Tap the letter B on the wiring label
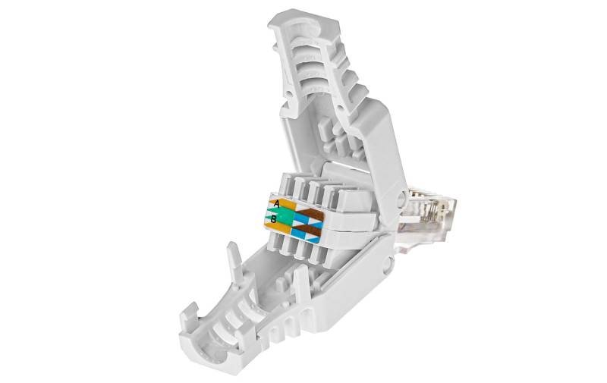pos(273,219)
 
